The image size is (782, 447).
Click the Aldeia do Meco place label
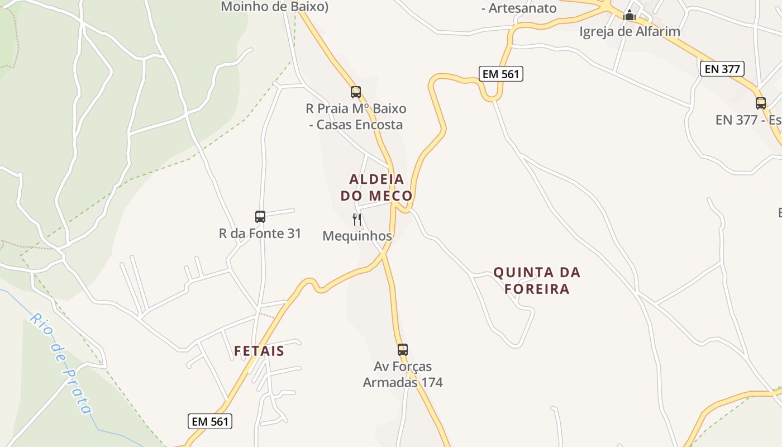click(376, 187)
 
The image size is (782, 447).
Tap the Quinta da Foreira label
click(537, 280)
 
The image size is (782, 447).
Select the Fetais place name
click(259, 351)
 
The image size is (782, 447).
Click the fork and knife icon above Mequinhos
click(357, 220)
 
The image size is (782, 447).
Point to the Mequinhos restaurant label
click(357, 236)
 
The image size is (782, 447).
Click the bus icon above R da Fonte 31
click(260, 217)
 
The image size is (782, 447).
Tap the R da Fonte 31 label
click(260, 233)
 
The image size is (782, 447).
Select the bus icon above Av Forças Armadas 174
click(402, 350)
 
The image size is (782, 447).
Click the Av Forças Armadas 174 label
click(402, 374)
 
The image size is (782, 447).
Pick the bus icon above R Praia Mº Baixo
click(355, 92)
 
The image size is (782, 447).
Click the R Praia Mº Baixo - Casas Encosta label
click(356, 116)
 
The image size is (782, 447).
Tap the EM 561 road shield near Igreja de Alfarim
click(500, 74)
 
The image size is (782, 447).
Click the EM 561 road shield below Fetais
click(209, 421)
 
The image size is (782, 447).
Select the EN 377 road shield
click(722, 69)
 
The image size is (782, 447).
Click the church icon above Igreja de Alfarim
click(630, 16)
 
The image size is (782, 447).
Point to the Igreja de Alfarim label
click(630, 31)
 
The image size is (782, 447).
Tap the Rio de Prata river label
click(61, 363)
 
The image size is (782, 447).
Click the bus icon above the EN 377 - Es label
click(760, 103)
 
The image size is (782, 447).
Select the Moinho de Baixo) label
click(275, 7)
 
